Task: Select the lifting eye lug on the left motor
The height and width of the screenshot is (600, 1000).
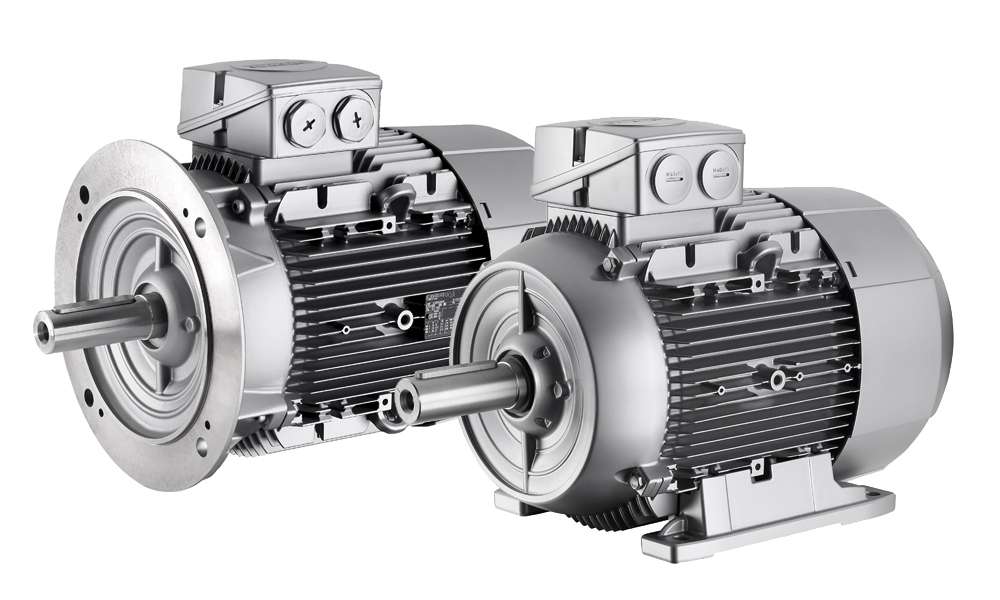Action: pos(393,193)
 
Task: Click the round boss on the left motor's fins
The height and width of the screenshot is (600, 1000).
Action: pos(404,320)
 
